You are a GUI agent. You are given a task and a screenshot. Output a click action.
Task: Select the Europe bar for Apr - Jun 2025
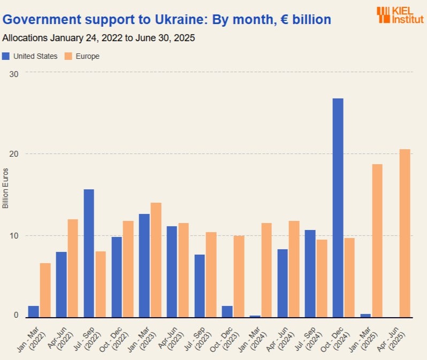pyautogui.click(x=405, y=233)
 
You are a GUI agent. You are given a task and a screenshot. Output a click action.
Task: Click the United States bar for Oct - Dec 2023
pyautogui.click(x=227, y=311)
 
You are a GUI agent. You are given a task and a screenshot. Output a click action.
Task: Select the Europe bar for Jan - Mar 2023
pyautogui.click(x=156, y=260)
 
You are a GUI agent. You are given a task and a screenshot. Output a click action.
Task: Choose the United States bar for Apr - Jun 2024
pyautogui.click(x=283, y=283)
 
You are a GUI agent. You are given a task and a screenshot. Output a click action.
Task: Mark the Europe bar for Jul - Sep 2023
pyautogui.click(x=211, y=274)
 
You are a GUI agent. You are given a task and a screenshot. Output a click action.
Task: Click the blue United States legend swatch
pyautogui.click(x=6, y=56)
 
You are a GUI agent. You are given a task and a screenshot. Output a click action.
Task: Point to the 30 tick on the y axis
pyautogui.click(x=14, y=73)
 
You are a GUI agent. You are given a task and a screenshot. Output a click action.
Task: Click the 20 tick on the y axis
pyautogui.click(x=14, y=154)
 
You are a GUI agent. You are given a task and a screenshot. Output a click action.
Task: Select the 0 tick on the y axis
pyautogui.click(x=16, y=316)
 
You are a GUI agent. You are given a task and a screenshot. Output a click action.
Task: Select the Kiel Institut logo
pyautogui.click(x=400, y=14)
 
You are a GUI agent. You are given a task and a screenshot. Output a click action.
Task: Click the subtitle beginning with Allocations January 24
pyautogui.click(x=98, y=39)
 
